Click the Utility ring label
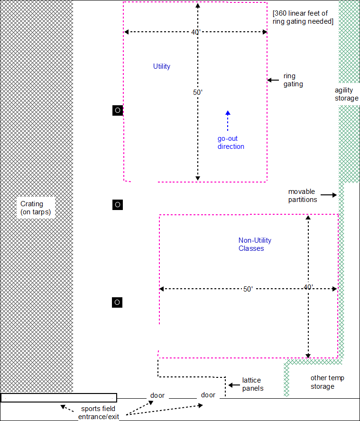[161, 66]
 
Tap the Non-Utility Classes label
[254, 244]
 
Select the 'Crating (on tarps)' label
[36, 208]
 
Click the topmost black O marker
[118, 110]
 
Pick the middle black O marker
[118, 205]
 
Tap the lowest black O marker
[117, 302]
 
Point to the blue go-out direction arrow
[228, 120]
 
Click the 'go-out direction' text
[231, 143]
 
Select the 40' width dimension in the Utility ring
[195, 32]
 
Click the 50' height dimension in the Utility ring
[198, 92]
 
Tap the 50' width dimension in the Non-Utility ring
[248, 289]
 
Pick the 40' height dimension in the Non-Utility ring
[308, 287]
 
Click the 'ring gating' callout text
[293, 80]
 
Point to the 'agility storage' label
[347, 94]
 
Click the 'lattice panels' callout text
[251, 384]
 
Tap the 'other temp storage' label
[327, 382]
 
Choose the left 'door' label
[157, 395]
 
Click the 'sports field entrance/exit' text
[98, 412]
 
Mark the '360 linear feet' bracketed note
[303, 17]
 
